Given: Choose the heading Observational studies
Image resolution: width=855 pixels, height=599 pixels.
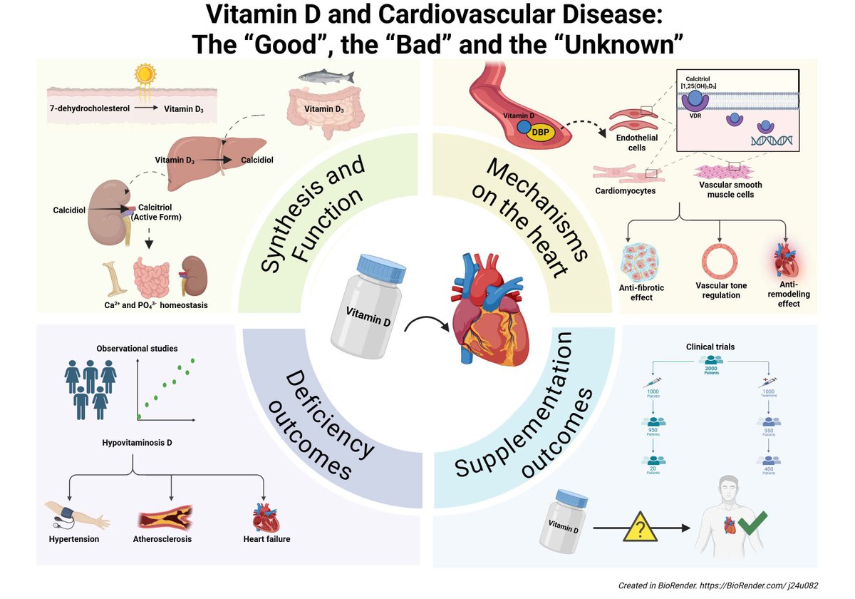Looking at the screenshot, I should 137,349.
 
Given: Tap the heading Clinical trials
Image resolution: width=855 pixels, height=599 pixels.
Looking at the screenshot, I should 710,347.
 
